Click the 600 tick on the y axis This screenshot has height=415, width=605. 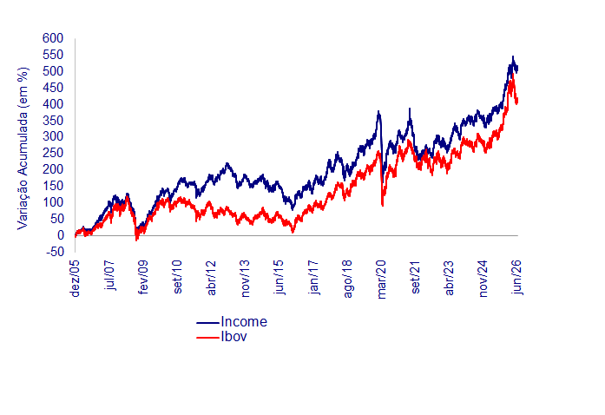coord(53,38)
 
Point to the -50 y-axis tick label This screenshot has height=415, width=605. coord(53,252)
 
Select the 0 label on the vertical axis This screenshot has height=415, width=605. coord(60,235)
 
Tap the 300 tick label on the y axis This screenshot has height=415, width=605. coord(53,136)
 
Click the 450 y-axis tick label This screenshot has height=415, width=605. coord(53,88)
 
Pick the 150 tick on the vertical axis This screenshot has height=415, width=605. coord(53,186)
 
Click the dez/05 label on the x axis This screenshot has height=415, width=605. coord(76,279)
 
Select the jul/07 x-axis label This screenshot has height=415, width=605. coord(109,275)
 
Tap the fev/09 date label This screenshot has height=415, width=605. coord(143,277)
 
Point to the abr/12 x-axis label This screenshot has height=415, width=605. coord(212,278)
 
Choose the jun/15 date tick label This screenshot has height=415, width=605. coord(279,278)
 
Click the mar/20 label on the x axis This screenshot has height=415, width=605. coord(382,280)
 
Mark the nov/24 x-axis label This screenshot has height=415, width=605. coord(483,279)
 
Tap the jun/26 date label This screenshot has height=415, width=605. coord(517,278)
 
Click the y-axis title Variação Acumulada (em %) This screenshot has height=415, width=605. coord(23,148)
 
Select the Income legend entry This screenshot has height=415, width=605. coord(244,321)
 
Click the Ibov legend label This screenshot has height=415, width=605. coord(233,337)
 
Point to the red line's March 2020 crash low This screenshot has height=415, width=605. coord(383,206)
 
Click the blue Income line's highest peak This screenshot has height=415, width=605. coord(513,56)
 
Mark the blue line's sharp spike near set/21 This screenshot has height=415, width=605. coord(410,109)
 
